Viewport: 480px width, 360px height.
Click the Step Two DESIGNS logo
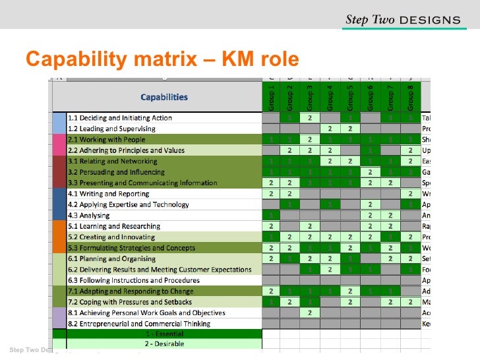403,20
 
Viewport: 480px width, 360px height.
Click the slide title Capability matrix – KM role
162,59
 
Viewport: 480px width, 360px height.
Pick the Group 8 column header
410,96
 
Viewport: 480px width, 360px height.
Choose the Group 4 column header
330,96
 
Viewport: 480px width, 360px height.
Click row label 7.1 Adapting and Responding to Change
131,291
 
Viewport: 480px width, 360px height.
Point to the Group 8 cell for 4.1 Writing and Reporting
410,194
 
